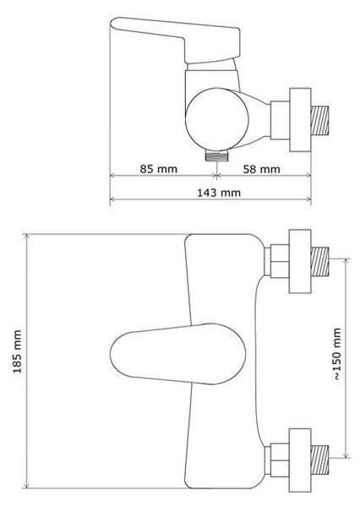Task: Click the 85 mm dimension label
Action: point(159,169)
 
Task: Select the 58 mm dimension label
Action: point(261,169)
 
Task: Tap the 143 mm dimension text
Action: point(219,193)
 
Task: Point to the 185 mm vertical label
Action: point(17,352)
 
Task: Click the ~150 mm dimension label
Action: point(336,354)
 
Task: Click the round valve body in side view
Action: point(217,120)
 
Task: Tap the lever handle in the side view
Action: point(175,40)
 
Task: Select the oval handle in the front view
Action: point(177,353)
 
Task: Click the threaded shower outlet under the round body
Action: point(217,155)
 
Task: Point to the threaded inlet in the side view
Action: point(319,120)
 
